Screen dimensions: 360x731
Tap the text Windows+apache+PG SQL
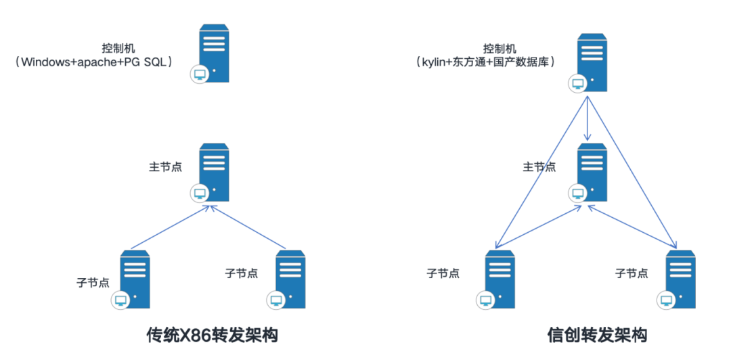coord(95,62)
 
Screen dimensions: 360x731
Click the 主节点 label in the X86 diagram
coord(165,166)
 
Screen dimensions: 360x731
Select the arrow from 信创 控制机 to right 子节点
coord(633,169)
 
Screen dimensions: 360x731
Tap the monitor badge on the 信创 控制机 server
coord(577,84)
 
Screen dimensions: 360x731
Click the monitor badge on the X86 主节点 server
coord(200,194)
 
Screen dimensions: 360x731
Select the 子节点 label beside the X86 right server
coord(241,273)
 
